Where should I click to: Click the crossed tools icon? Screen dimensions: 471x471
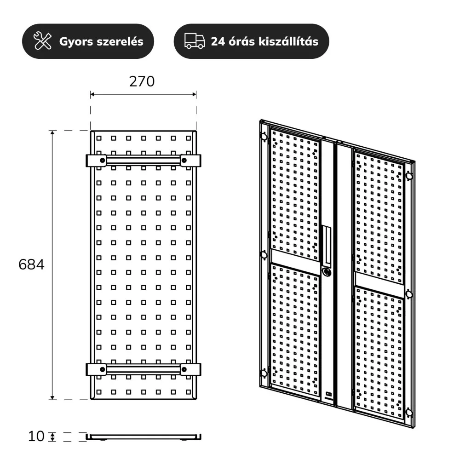coord(42,41)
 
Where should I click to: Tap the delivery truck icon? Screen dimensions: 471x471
coord(195,41)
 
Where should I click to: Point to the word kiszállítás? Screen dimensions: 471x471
coord(288,41)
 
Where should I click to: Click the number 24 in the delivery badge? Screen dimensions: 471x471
coord(218,41)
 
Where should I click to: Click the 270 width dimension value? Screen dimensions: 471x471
coord(142,81)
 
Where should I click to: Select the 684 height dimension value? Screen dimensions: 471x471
coord(31,264)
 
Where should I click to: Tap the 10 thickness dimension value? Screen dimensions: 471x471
coord(36,436)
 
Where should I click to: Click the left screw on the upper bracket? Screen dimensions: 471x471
coord(103,160)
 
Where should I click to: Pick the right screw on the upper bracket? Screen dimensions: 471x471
coord(184,160)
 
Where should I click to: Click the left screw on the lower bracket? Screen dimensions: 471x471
coord(103,369)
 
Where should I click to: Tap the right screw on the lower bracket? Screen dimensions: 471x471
coord(184,369)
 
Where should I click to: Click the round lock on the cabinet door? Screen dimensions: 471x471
coord(327,272)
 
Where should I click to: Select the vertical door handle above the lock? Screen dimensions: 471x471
coord(327,245)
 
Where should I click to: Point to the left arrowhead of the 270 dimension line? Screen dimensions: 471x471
coord(92,94)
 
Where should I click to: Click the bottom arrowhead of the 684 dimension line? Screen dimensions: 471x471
coord(52,397)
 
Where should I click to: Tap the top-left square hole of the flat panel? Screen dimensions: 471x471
coord(99,138)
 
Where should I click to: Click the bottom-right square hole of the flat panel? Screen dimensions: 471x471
coord(188,392)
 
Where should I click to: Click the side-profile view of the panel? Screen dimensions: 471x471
coord(144,437)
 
